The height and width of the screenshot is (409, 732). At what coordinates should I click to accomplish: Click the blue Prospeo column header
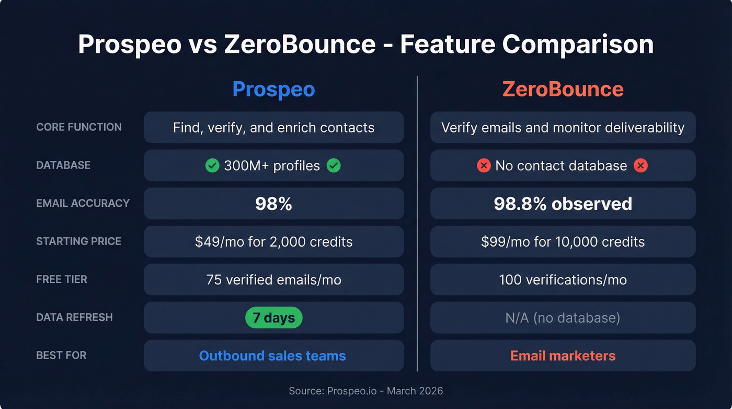[x=273, y=89]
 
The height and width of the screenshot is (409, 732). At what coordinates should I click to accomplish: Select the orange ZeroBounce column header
[x=563, y=89]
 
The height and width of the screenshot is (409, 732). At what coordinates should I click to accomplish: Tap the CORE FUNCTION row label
[x=79, y=127]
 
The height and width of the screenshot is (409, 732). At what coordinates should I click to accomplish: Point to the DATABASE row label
[x=63, y=165]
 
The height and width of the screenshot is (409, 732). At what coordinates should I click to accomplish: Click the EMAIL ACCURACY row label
[x=83, y=203]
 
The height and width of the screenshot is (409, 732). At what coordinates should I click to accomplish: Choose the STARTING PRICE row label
[x=78, y=241]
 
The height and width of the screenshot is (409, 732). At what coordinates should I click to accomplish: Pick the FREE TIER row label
[x=62, y=279]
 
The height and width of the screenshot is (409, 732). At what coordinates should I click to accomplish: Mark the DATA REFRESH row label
[x=74, y=317]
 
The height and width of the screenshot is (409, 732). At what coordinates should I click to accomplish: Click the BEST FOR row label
[x=61, y=355]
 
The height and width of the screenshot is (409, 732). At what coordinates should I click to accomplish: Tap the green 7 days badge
[x=274, y=317]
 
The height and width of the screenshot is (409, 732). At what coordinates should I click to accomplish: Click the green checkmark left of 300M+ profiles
[x=212, y=166]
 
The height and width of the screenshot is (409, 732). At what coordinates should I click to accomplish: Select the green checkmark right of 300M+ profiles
[x=334, y=166]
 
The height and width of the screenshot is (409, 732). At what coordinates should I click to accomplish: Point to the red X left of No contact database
[x=484, y=166]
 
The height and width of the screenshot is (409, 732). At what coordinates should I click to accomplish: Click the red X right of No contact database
[x=641, y=166]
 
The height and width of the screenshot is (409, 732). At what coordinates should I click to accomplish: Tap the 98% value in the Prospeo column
[x=273, y=204]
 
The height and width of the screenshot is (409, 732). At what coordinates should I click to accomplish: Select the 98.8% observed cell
[x=563, y=204]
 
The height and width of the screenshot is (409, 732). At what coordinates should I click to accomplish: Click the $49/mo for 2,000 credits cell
[x=273, y=241]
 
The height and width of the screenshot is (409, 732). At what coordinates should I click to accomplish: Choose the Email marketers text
[x=563, y=356]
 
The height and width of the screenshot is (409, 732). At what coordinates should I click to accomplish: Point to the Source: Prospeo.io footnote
[x=365, y=391]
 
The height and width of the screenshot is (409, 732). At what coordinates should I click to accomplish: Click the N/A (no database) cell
[x=563, y=318]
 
